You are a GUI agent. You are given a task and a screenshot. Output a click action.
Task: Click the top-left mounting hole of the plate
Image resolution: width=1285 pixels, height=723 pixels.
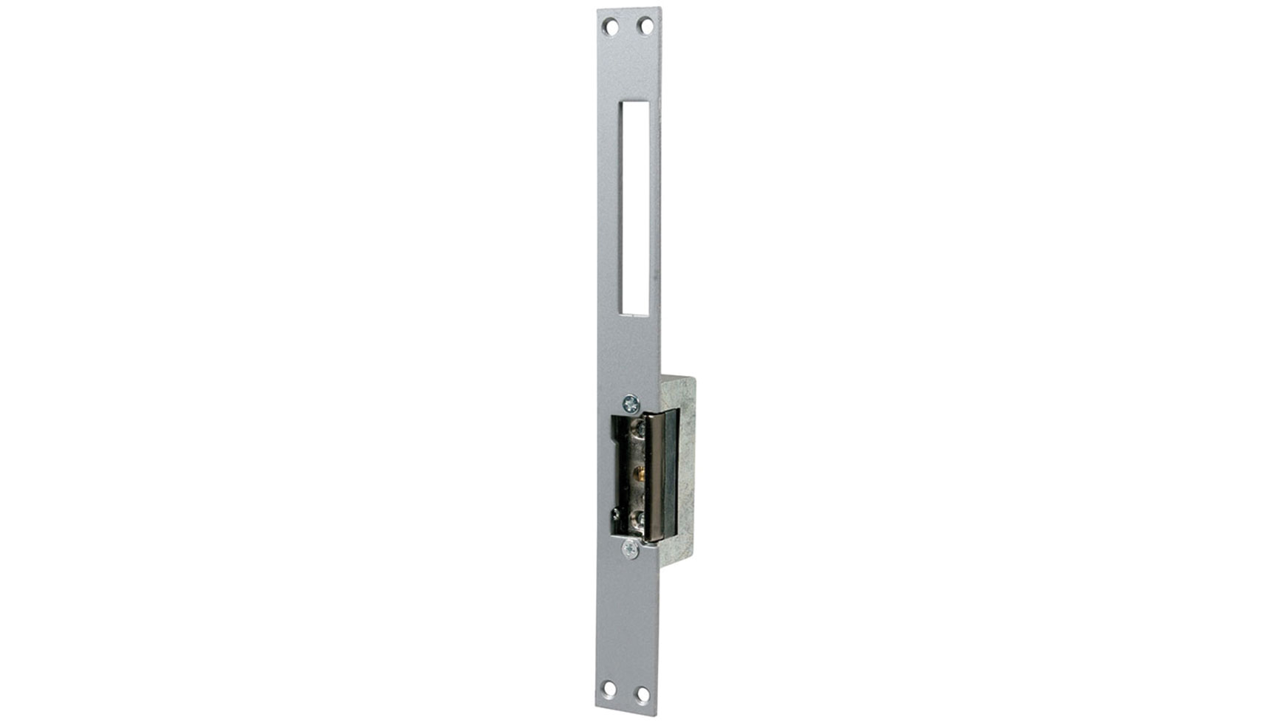[x=610, y=28]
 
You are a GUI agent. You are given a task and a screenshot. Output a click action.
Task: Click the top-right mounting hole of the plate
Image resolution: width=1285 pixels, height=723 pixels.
[x=645, y=27]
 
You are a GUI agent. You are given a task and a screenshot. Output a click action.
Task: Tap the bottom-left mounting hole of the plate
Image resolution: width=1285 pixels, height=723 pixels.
[x=609, y=691]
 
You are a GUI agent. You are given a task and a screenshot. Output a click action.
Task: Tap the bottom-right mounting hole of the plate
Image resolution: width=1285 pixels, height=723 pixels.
[x=642, y=695]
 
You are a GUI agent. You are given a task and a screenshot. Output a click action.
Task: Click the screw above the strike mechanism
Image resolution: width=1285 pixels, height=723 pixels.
[x=630, y=403]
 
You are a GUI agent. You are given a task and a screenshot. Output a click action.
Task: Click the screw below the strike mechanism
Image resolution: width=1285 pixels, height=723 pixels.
[x=629, y=549]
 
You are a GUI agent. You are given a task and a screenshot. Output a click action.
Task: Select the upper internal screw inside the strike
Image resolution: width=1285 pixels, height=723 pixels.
[x=638, y=428]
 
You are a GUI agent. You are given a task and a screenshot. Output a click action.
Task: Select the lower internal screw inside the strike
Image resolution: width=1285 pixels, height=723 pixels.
[x=638, y=518]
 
